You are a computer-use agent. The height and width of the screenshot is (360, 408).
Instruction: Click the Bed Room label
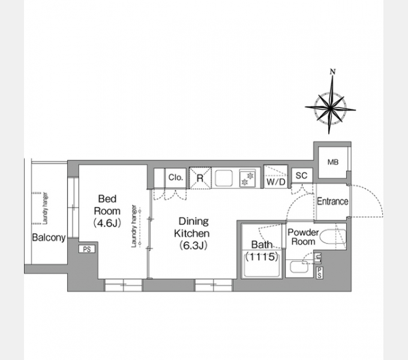click(x=107, y=205)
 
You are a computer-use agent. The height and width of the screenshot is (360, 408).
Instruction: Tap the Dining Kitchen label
click(x=192, y=227)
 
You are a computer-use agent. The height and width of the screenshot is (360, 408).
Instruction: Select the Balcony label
click(x=49, y=238)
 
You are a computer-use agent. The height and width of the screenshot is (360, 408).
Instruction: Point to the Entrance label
click(x=332, y=202)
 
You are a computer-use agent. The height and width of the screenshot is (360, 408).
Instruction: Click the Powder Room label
click(x=303, y=237)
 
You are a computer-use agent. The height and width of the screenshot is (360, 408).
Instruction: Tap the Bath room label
click(x=262, y=245)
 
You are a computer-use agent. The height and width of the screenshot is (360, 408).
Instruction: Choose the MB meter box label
click(x=333, y=163)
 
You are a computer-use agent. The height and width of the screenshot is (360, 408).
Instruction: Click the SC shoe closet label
click(x=302, y=176)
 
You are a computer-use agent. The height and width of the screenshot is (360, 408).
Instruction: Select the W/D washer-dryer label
click(x=276, y=182)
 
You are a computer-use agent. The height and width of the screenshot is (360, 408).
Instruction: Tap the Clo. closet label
click(x=176, y=178)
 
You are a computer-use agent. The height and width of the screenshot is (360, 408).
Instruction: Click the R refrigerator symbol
click(x=200, y=178)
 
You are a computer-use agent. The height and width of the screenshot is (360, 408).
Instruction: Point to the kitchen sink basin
click(x=224, y=178)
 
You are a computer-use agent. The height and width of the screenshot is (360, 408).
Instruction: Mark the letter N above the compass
click(x=332, y=71)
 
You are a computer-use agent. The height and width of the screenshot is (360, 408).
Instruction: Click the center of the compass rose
click(x=330, y=107)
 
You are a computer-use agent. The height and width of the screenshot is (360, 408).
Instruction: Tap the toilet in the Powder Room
click(x=332, y=237)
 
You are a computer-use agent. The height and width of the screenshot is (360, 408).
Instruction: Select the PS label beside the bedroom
click(x=87, y=249)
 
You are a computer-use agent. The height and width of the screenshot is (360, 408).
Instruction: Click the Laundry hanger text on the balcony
click(x=45, y=208)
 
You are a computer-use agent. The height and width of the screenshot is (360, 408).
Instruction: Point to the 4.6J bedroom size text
click(x=107, y=223)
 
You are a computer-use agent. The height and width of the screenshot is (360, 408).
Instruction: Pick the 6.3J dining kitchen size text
click(x=193, y=245)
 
